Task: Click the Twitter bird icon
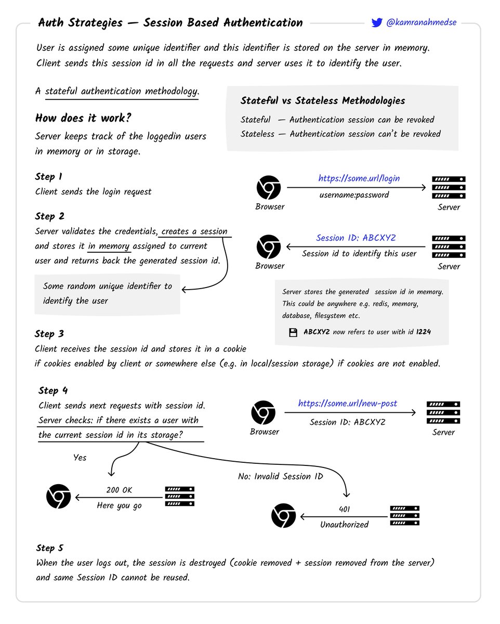coord(377,22)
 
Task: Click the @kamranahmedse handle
coord(421,23)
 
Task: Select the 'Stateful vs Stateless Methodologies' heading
coord(322,101)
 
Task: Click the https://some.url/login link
coord(359,178)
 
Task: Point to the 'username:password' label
coord(353,195)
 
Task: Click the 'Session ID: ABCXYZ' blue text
coord(356,238)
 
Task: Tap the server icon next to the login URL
coord(449,188)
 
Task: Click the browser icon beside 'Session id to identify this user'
coord(269,247)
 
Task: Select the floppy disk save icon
coord(293,332)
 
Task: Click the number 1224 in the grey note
coord(423,332)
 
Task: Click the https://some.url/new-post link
coord(347,404)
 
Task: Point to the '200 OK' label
coord(119,490)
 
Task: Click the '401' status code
coord(344,510)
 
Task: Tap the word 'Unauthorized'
coord(344,525)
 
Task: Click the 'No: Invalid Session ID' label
coord(281,476)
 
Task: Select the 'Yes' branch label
coord(80,458)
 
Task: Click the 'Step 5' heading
coord(50,548)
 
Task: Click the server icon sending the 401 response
coord(405,516)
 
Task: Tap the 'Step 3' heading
coord(49,334)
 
